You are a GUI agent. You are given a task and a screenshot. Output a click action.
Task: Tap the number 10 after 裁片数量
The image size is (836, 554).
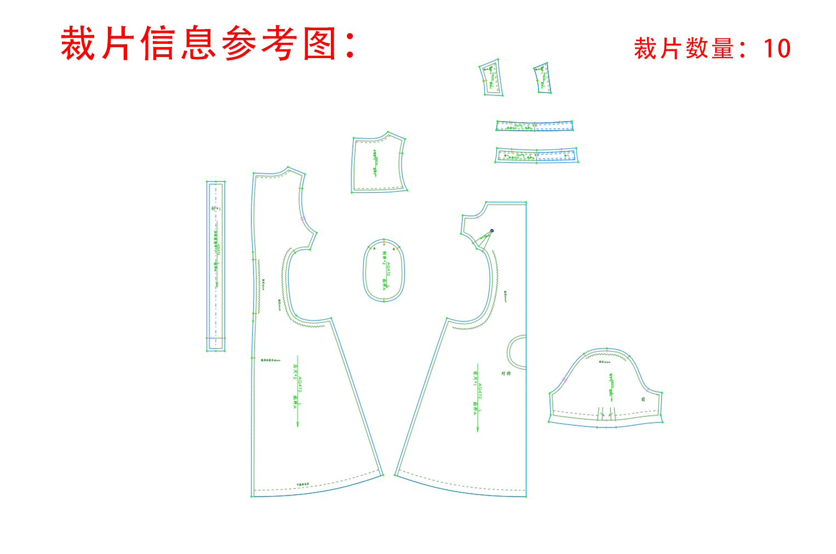point(777,49)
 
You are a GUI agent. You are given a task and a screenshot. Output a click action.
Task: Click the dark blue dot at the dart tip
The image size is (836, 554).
point(492,231)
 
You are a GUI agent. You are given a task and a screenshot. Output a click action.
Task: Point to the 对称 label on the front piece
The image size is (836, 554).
point(506,374)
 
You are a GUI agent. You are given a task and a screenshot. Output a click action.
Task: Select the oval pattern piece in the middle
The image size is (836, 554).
point(384,270)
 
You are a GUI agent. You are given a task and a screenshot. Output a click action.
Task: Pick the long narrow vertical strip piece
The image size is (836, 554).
point(216,266)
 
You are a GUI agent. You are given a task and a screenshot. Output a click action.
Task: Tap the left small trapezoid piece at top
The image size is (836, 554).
point(491,78)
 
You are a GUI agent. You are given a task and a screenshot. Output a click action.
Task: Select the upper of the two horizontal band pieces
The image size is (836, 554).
point(534,126)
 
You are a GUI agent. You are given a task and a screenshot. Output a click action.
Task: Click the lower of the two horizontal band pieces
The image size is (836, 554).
point(536,155)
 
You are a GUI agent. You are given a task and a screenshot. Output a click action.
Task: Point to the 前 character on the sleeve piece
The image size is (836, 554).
point(643,399)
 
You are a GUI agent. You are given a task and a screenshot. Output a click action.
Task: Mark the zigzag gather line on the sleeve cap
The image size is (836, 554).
point(605,356)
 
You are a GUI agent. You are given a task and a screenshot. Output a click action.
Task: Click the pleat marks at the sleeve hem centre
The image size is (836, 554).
point(606,414)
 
